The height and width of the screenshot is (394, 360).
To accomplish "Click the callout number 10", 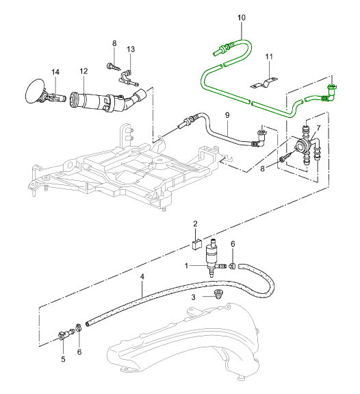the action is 242,18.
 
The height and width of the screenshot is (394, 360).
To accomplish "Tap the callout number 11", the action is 269,57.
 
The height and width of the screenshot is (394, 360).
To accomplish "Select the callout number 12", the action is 84,71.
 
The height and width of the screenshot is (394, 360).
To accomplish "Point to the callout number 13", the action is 131,49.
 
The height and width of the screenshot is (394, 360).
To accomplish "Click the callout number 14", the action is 55,72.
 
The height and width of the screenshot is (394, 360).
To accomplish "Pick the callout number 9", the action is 227,115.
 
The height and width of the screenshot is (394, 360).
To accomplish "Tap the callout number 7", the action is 318,128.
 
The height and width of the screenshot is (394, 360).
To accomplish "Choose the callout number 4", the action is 142,277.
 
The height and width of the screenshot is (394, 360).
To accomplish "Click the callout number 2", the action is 195,223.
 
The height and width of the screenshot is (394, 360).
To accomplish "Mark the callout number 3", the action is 193,297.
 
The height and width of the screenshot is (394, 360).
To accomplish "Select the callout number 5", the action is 63,359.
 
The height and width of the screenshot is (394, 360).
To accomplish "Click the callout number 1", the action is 186,266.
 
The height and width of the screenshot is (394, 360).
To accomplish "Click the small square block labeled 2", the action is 196,245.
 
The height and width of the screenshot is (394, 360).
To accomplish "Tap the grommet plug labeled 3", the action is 217,294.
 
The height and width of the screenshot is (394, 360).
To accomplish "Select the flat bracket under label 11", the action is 264,84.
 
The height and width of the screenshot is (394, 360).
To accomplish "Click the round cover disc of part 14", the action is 35,91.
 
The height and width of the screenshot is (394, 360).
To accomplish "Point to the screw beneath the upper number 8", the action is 114,67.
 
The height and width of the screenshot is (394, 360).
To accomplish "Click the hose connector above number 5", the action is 66,334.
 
